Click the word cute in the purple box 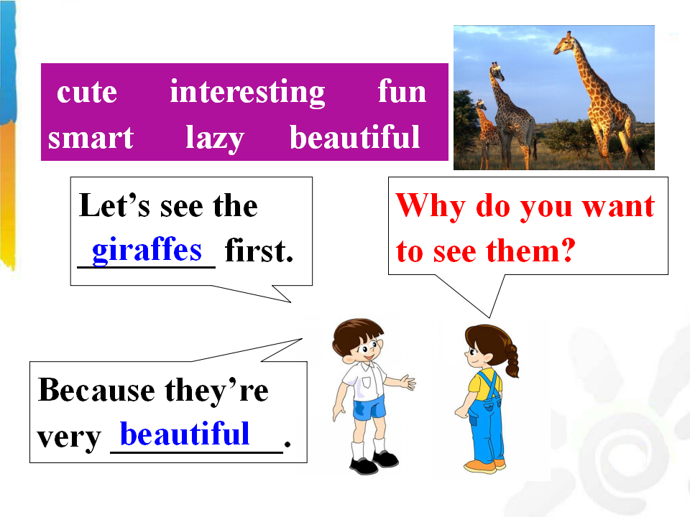(x=87, y=93)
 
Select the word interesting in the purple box (x=247, y=93)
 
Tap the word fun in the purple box (x=402, y=91)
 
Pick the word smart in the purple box (x=91, y=138)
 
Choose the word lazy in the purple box (x=215, y=139)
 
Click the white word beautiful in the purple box (x=354, y=137)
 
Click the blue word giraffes (x=147, y=250)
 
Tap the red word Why (x=431, y=206)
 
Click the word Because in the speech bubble (x=96, y=390)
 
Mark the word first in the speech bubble (x=259, y=251)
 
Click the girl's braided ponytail (x=512, y=359)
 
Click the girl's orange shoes (x=484, y=466)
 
